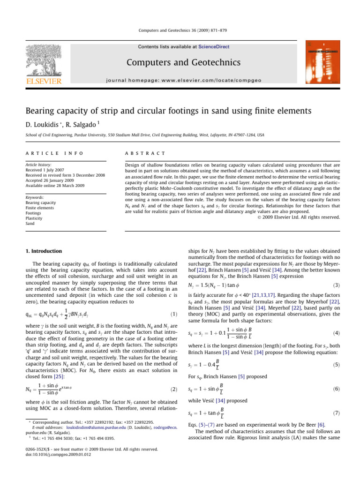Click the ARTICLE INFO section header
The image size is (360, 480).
(x=49, y=154)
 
